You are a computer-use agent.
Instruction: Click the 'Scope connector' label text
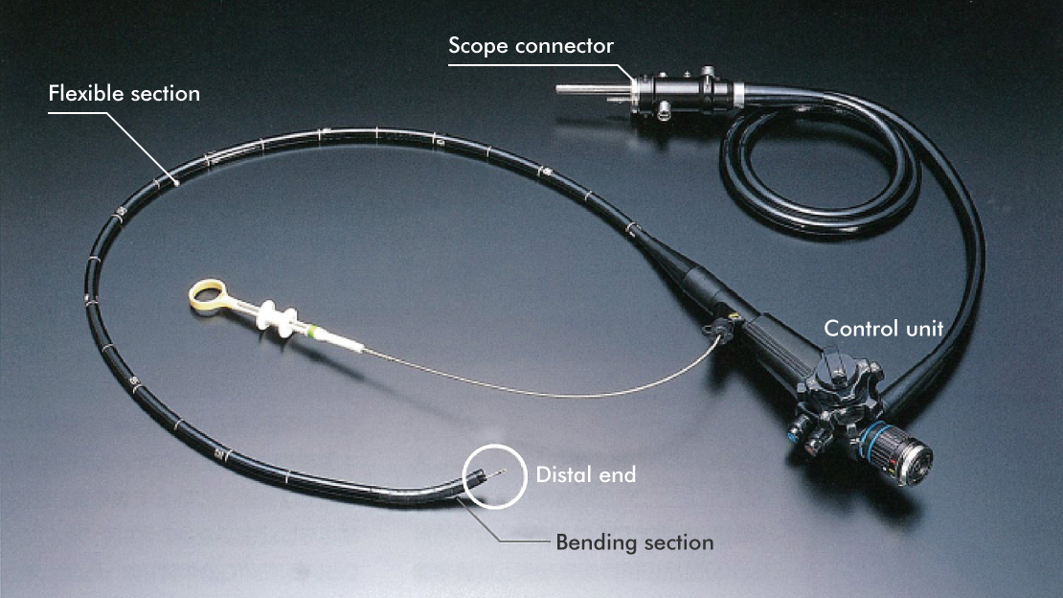point(531,46)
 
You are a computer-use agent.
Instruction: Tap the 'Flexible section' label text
point(124,94)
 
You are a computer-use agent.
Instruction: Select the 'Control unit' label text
point(883,329)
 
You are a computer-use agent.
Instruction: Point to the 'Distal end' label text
point(585,474)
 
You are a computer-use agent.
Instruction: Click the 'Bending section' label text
point(634,542)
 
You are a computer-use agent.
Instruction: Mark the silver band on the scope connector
point(738,94)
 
